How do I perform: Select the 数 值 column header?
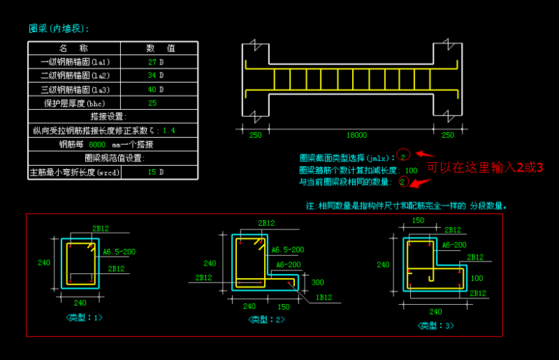pyautogui.click(x=160, y=48)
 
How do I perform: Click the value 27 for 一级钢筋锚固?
pyautogui.click(x=152, y=62)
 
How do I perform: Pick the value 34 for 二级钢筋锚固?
pyautogui.click(x=152, y=75)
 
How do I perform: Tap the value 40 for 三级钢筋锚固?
pyautogui.click(x=152, y=89)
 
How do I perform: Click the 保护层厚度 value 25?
pyautogui.click(x=152, y=103)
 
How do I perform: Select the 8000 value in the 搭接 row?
pyautogui.click(x=97, y=145)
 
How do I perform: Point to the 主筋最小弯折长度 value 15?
pyautogui.click(x=152, y=172)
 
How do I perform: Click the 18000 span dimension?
pyautogui.click(x=356, y=135)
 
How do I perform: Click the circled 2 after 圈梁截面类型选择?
pyautogui.click(x=403, y=156)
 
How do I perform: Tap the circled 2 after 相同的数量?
pyautogui.click(x=403, y=182)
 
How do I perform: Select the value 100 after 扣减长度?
pyautogui.click(x=411, y=170)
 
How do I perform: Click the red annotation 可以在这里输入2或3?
pyautogui.click(x=485, y=166)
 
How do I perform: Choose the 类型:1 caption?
pyautogui.click(x=84, y=318)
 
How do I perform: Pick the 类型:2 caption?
pyautogui.click(x=266, y=319)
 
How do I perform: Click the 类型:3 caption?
pyautogui.click(x=436, y=326)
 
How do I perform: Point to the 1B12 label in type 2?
pyautogui.click(x=322, y=297)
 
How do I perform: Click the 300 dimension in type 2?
pyautogui.click(x=319, y=282)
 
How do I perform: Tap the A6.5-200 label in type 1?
pyautogui.click(x=119, y=251)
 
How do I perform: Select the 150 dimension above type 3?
pyautogui.click(x=418, y=220)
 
